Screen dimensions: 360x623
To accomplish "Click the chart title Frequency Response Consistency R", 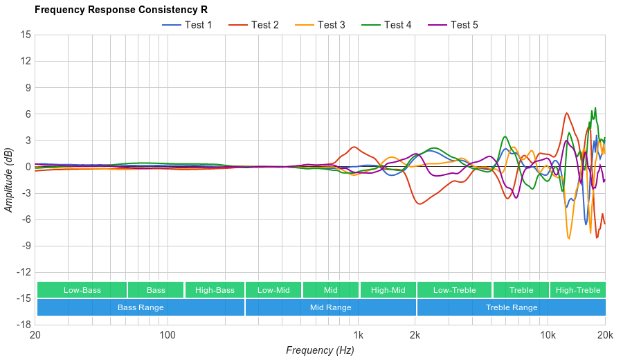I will pyautogui.click(x=120, y=10).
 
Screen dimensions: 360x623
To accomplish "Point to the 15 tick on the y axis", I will pyautogui.click(x=26, y=35).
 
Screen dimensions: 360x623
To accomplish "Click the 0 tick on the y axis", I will pyautogui.click(x=28, y=167).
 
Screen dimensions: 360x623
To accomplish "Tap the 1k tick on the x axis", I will pyautogui.click(x=358, y=335).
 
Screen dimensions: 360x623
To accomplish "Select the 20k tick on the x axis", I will pyautogui.click(x=605, y=335).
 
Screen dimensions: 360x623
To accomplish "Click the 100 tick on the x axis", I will pyautogui.click(x=167, y=335).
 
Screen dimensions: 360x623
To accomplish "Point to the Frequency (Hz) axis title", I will pyautogui.click(x=320, y=350).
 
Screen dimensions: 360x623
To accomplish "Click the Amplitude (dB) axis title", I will pyautogui.click(x=9, y=179).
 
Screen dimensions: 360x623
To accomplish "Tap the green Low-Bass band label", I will pyautogui.click(x=82, y=290).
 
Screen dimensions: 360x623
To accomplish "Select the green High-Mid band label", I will pyautogui.click(x=388, y=290).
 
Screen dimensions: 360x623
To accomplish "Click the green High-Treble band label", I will pyautogui.click(x=578, y=290).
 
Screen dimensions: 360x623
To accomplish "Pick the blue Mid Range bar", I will pyautogui.click(x=330, y=307).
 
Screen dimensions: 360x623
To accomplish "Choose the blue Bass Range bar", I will pyautogui.click(x=141, y=307).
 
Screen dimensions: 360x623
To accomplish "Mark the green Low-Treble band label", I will pyautogui.click(x=454, y=290).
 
